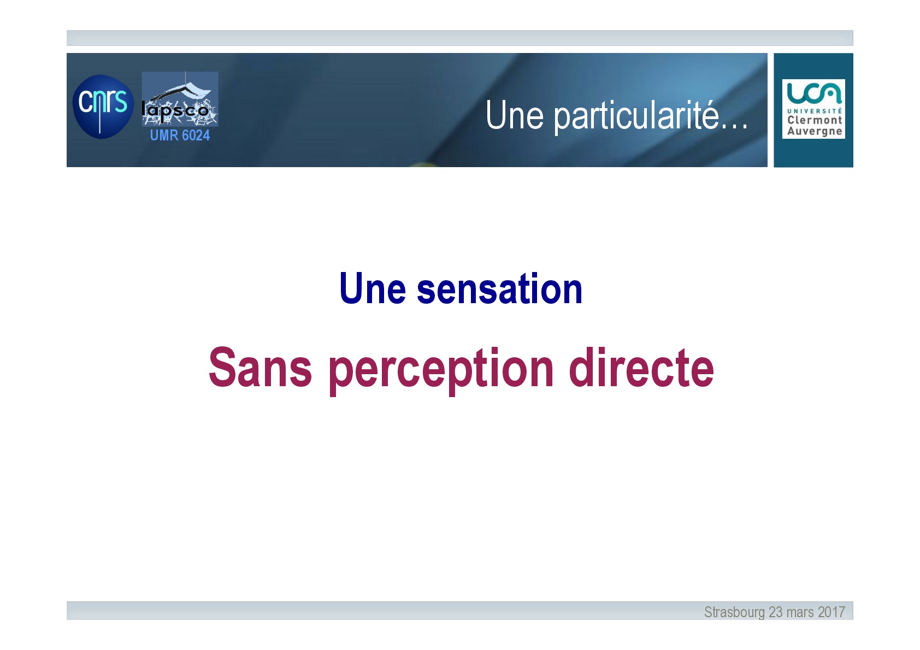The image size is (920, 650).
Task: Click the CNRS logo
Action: pos(103,107)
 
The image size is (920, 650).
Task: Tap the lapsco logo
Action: pos(180,99)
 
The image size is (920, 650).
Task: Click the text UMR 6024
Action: pos(180,135)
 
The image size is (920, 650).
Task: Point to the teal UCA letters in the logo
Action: pos(814,93)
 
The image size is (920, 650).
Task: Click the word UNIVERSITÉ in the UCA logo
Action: pos(815,111)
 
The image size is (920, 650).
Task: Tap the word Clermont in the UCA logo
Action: pos(815,120)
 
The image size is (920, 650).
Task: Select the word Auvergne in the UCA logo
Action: pos(815,131)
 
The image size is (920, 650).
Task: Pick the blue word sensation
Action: pos(499,288)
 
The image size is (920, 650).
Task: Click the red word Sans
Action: pos(261,367)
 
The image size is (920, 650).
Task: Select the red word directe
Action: pos(641,367)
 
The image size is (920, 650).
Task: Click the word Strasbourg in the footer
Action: pos(734,612)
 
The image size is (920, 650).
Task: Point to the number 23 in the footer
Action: pos(775,612)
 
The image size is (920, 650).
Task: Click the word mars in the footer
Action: pos(800,613)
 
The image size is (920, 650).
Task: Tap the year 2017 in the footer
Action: pos(831,612)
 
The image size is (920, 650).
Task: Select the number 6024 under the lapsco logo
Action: pos(196,135)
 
